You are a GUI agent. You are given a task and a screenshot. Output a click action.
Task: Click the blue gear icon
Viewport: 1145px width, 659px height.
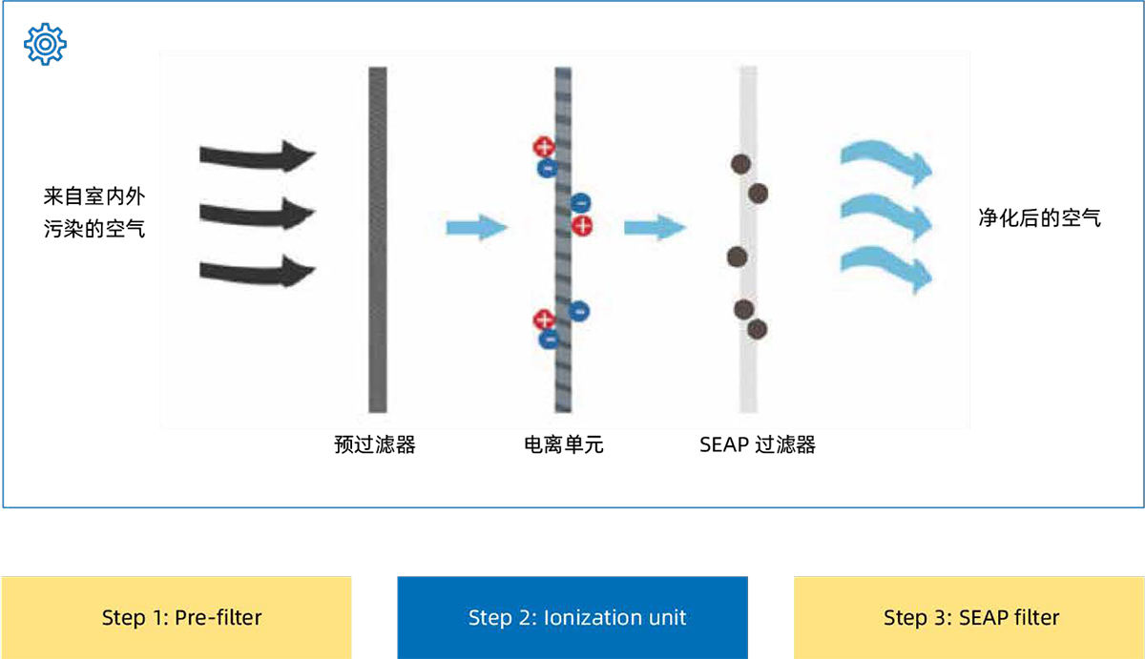[45, 45]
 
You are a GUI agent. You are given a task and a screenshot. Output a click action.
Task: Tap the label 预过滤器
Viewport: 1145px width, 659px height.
[375, 444]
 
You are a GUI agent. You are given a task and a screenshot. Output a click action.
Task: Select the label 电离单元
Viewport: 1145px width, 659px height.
[564, 444]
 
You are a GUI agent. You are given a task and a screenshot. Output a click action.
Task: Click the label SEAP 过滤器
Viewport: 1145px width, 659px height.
[758, 444]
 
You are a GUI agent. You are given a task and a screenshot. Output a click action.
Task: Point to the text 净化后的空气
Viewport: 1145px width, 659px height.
[1039, 218]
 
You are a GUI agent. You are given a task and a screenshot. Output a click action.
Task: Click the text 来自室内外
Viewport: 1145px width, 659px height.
[94, 197]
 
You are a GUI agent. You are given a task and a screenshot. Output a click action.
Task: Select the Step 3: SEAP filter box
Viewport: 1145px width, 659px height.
[969, 617]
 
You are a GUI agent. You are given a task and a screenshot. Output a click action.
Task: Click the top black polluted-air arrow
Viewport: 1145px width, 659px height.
[257, 154]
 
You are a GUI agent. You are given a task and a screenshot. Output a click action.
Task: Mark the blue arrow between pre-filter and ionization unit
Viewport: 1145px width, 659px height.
[476, 227]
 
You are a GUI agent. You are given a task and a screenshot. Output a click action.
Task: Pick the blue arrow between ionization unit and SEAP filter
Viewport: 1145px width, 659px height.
[655, 227]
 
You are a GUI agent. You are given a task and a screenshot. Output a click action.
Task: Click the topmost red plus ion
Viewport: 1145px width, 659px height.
[543, 147]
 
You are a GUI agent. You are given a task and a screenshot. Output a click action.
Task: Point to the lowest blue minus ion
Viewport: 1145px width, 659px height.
[549, 339]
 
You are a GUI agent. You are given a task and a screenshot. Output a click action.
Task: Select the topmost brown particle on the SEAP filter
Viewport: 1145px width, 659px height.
[739, 164]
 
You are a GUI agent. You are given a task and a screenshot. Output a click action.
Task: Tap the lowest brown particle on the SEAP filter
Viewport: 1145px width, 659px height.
[758, 329]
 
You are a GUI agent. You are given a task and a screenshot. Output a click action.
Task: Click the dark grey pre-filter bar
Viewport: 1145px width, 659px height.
[378, 238]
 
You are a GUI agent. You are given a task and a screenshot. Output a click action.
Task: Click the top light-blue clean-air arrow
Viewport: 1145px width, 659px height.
[885, 164]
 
